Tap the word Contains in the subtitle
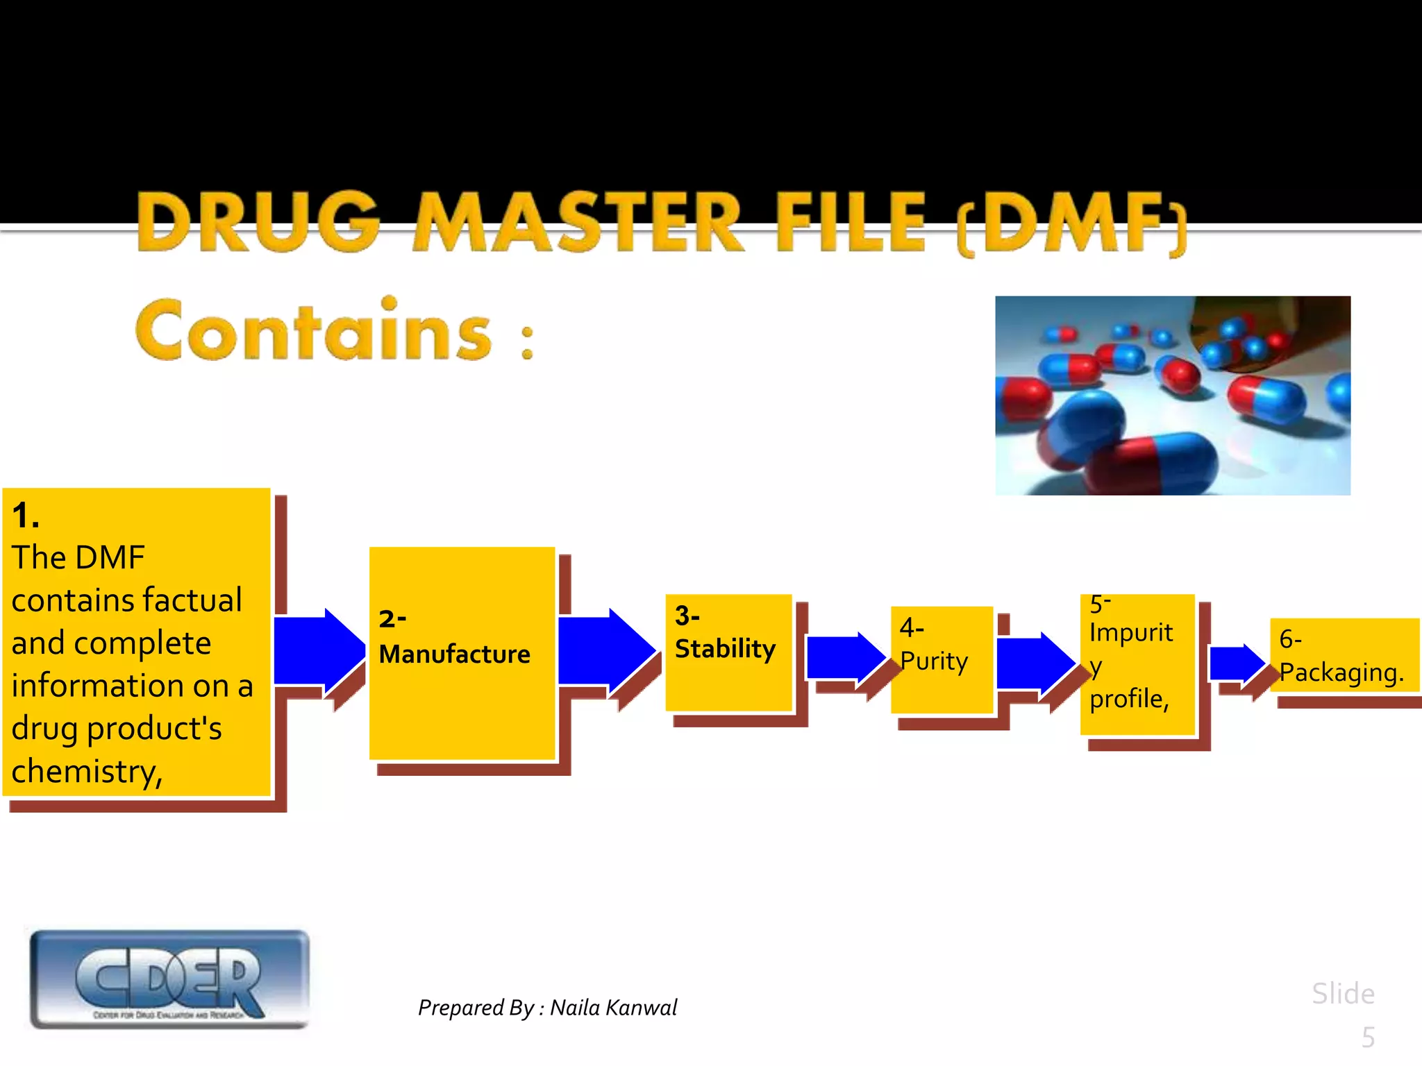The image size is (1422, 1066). coord(314,331)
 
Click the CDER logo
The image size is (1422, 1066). coord(169,979)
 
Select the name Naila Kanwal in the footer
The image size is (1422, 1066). coord(613,1008)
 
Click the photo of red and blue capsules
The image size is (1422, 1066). coord(1172,396)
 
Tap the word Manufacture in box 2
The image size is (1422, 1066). coord(454,654)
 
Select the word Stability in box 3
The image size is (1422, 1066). coord(725,649)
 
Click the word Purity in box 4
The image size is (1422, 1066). coord(934,661)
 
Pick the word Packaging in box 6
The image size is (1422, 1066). coord(1340,672)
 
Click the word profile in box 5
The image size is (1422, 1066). coord(1128,698)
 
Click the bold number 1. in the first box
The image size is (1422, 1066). coord(26,516)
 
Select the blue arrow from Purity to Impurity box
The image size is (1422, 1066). coord(1035,663)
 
